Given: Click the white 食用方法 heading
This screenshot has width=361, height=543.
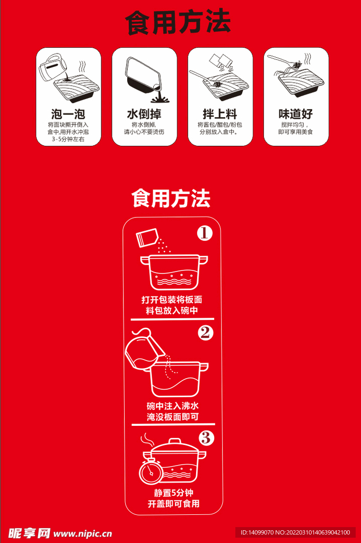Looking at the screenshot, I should [171, 198].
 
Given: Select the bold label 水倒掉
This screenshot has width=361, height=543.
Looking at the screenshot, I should [144, 114].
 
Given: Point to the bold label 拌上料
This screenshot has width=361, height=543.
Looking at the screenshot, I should [220, 114].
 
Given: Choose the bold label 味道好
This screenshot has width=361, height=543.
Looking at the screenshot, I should [296, 114].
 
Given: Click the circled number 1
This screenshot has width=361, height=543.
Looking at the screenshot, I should [205, 233].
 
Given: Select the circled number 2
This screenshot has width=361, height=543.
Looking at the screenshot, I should [205, 332].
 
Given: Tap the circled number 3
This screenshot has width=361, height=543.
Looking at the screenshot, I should [206, 438].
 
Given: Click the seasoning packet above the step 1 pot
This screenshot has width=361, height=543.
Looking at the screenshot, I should [147, 238].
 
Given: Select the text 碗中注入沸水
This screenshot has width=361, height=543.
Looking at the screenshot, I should [173, 406].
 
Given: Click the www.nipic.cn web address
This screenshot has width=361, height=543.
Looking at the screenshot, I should [83, 533].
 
